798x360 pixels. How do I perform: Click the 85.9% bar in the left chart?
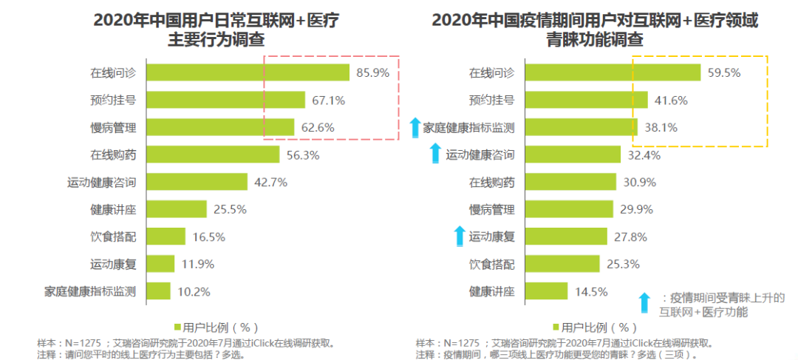[x=248, y=72]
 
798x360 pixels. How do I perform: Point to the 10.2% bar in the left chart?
[x=158, y=291]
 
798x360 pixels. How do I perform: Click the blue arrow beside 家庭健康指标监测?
[x=415, y=128]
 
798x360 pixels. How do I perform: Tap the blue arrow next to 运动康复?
[x=460, y=237]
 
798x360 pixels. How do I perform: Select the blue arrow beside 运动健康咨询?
[x=436, y=154]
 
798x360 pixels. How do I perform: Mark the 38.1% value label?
[x=660, y=127]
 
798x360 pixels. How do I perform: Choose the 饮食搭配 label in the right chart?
[x=492, y=263]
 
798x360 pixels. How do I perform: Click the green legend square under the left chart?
[x=177, y=327]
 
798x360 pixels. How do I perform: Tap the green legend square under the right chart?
[x=556, y=327]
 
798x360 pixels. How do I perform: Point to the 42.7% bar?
[x=197, y=182]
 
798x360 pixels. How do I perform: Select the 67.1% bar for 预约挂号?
[x=225, y=100]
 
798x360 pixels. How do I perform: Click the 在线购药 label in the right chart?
[x=492, y=182]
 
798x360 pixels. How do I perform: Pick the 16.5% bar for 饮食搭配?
[x=166, y=237]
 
